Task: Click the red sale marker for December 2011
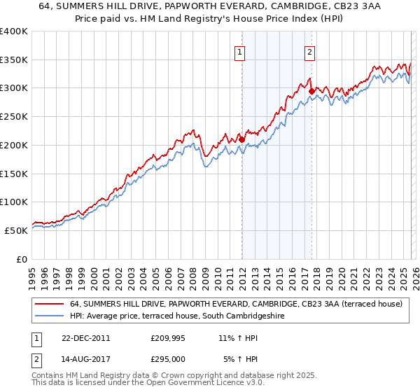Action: coord(241,139)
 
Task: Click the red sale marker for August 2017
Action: coord(311,90)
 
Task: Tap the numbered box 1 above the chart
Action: coord(240,51)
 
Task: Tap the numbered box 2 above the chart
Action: coord(309,51)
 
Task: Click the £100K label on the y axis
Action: coord(14,202)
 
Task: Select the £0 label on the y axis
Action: coord(21,259)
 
